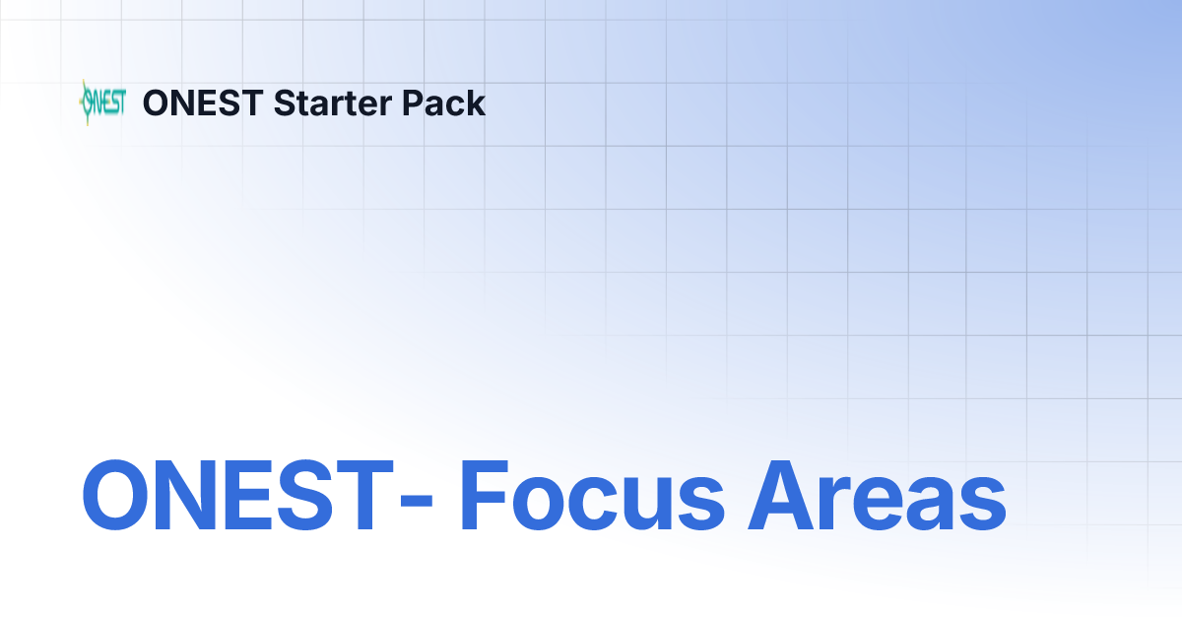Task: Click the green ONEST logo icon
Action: pos(101,103)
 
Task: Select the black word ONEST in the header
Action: pos(203,103)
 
